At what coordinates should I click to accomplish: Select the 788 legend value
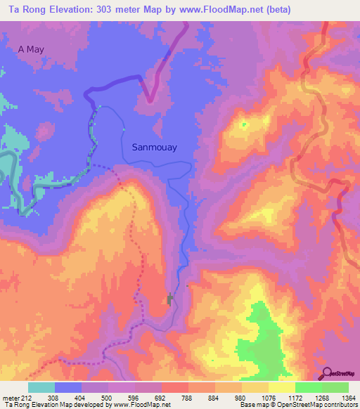[188, 397]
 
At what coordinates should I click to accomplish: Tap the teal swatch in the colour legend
[41, 387]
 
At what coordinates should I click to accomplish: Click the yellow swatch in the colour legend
[281, 387]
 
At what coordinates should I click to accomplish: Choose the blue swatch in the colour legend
[68, 387]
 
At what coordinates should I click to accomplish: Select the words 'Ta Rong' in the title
[24, 9]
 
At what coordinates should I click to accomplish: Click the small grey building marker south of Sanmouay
[169, 300]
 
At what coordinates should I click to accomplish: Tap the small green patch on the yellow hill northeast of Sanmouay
[245, 125]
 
